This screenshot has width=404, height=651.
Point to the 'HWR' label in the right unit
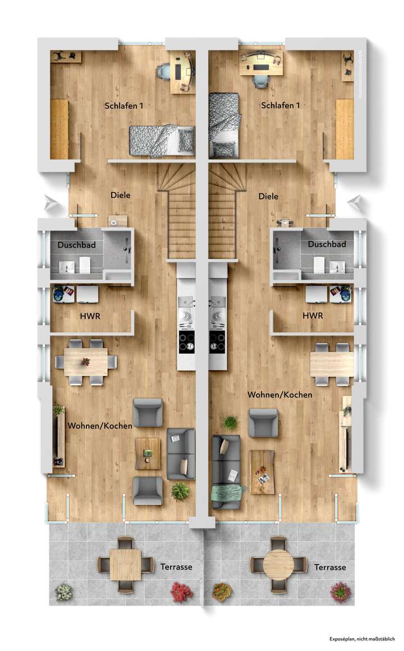pyautogui.click(x=313, y=316)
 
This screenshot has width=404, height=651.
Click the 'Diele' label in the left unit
pyautogui.click(x=121, y=195)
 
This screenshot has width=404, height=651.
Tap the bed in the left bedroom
pyautogui.click(x=162, y=140)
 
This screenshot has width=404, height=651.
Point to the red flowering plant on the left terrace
pyautogui.click(x=182, y=591)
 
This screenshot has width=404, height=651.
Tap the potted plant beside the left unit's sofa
pyautogui.click(x=180, y=491)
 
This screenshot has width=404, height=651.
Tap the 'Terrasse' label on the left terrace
pyautogui.click(x=176, y=567)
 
